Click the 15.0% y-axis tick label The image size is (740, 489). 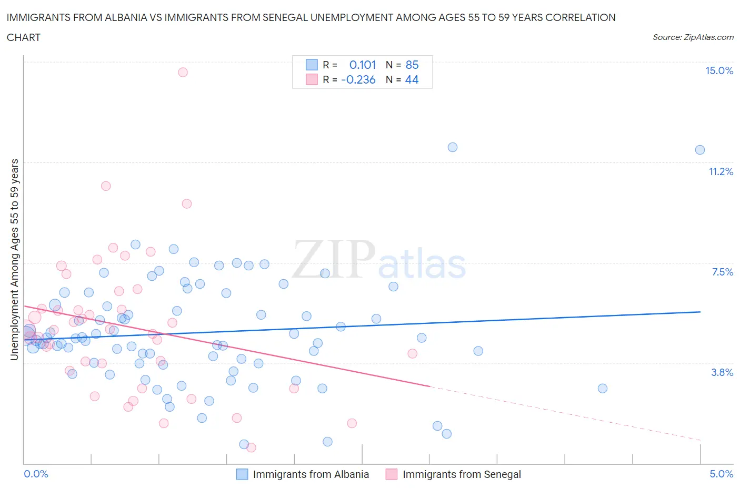click(x=719, y=71)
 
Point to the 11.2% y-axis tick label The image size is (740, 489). click(x=721, y=171)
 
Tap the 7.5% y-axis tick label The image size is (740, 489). click(x=722, y=272)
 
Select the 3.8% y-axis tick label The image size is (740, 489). click(x=722, y=372)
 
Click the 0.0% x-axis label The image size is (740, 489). click(x=36, y=474)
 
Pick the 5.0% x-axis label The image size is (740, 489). click(x=721, y=474)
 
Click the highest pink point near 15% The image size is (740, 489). click(x=183, y=72)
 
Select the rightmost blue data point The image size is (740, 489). click(x=699, y=150)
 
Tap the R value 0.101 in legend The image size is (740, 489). click(x=362, y=65)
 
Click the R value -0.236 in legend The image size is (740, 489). click(x=358, y=79)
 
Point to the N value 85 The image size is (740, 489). click(x=412, y=65)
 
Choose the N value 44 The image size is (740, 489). click(x=412, y=79)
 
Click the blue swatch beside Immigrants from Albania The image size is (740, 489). click(x=242, y=474)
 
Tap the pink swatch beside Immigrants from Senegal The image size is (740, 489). click(x=391, y=474)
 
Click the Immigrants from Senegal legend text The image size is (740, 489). click(x=462, y=474)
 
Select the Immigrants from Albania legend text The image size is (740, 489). click(x=311, y=474)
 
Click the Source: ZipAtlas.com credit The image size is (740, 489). click(x=693, y=37)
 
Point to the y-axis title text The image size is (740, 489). click(x=14, y=259)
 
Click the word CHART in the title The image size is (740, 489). click(x=24, y=37)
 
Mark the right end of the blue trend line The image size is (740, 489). click(x=700, y=312)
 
